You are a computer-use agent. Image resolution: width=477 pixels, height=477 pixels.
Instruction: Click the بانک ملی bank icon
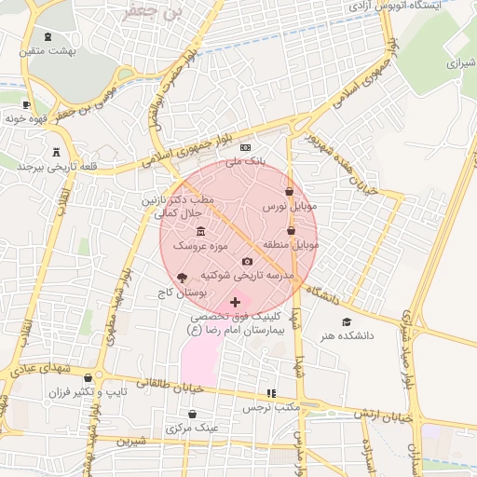tap(246, 148)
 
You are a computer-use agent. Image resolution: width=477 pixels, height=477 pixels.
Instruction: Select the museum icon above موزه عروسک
tap(200, 231)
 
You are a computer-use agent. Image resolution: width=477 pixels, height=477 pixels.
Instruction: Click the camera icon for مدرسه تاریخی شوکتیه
tap(247, 262)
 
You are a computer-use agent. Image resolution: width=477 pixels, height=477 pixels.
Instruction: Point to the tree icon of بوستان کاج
tap(182, 278)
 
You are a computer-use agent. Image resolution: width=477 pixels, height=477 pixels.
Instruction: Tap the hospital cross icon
tap(235, 303)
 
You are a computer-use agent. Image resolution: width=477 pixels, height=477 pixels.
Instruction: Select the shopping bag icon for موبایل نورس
tap(290, 191)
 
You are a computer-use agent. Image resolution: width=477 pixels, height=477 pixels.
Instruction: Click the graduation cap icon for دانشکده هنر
tap(347, 321)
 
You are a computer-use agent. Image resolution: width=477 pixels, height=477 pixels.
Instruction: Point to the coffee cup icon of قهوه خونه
tap(26, 104)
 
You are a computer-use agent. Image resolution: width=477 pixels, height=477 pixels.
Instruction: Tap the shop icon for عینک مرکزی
tap(192, 414)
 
